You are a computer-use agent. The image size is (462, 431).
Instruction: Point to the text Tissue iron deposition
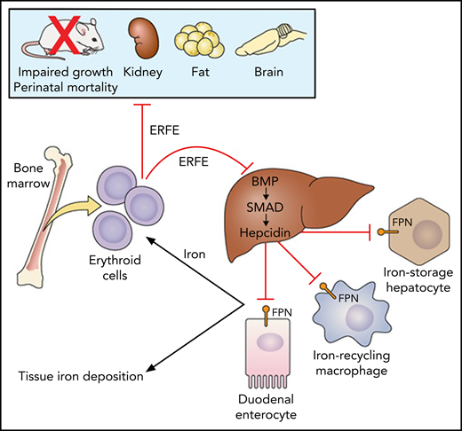coord(82,376)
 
